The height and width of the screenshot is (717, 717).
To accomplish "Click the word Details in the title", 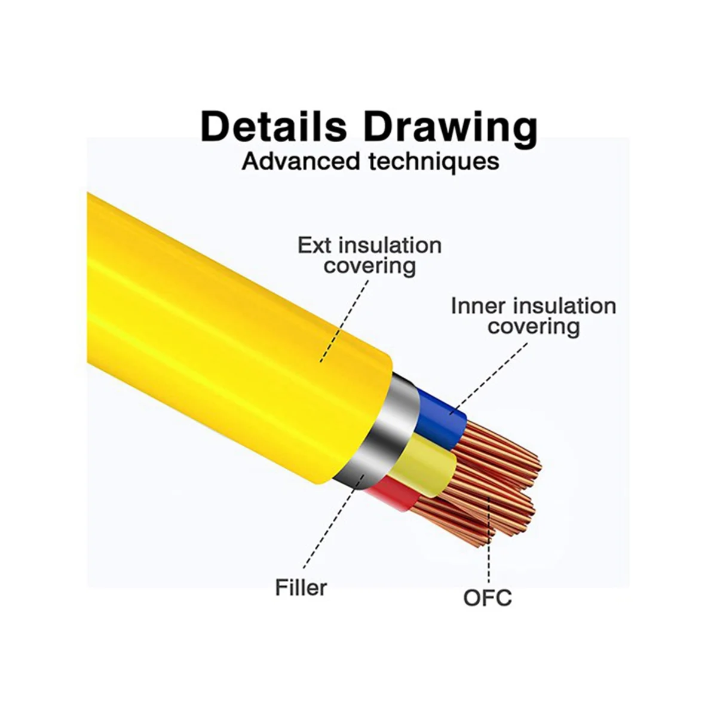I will click(274, 127).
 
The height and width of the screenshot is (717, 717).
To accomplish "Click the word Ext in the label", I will click(313, 245).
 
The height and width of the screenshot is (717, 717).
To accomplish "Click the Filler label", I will click(301, 587).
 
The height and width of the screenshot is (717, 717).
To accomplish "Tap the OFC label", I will click(488, 597).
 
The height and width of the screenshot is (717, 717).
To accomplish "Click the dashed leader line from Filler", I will click(329, 526).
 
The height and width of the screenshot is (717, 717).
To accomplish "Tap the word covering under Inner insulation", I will click(533, 327).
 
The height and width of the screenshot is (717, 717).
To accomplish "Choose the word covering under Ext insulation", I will click(369, 266).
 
